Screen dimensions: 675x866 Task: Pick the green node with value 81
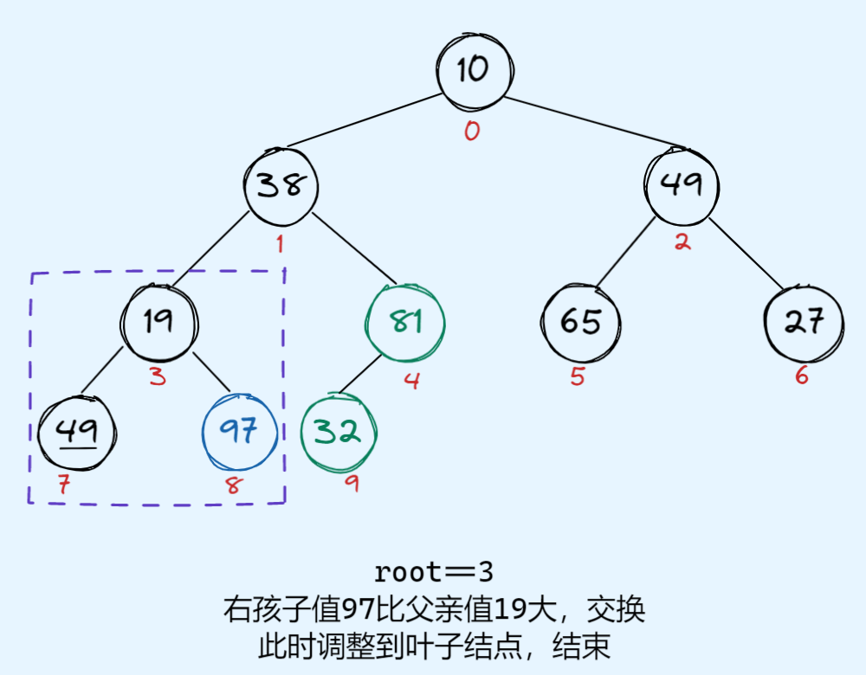(405, 322)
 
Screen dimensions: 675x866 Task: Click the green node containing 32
(338, 432)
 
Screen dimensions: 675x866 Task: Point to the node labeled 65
(580, 322)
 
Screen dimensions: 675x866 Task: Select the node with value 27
(803, 322)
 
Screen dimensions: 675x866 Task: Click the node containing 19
(159, 322)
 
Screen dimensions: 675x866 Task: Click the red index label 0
(472, 132)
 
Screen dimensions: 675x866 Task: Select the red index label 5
(578, 377)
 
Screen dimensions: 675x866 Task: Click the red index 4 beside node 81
(412, 380)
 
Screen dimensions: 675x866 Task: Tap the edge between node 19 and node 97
(211, 371)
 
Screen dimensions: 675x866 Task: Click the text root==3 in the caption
(433, 572)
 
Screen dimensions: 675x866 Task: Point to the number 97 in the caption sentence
(359, 609)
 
